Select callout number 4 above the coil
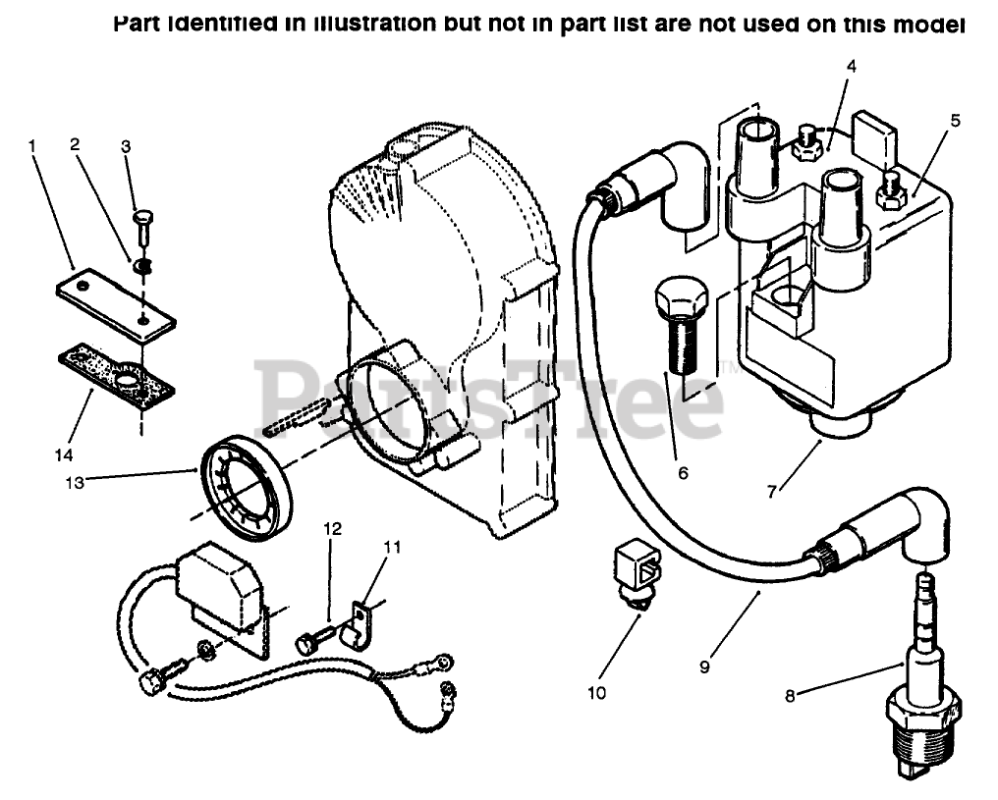(851, 67)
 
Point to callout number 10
(597, 692)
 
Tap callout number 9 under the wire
(705, 665)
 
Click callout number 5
(954, 122)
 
